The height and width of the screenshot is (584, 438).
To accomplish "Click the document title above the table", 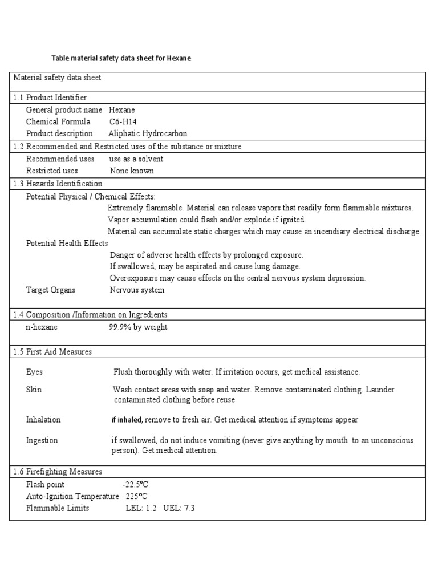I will point(121,58).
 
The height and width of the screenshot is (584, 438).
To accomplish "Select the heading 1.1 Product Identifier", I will point(50,98).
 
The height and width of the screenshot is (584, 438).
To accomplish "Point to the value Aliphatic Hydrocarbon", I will point(148,133).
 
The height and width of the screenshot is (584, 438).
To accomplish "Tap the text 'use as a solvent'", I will point(136,159).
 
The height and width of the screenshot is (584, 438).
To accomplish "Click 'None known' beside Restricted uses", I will point(132,171).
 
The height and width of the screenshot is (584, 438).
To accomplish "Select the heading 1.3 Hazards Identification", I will point(58,184).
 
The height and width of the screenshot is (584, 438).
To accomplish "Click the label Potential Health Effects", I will point(67,243).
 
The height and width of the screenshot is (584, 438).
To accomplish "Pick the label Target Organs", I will point(51,290).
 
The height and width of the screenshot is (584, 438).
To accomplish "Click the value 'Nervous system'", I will point(137,290).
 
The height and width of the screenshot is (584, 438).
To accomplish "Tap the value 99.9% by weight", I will point(138,327).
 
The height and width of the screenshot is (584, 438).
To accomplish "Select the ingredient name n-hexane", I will point(42,327).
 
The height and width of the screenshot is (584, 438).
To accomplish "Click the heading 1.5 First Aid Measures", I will point(52,352).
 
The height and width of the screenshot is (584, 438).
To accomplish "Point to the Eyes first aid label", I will point(34,372).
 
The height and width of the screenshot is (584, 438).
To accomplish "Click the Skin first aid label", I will point(34,390).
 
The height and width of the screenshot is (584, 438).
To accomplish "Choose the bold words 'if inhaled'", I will point(127,420).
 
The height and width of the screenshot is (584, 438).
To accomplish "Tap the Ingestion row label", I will point(42,440).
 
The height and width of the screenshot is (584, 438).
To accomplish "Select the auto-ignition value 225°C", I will point(137,496).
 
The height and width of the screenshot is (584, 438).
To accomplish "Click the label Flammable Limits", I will point(58,508).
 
